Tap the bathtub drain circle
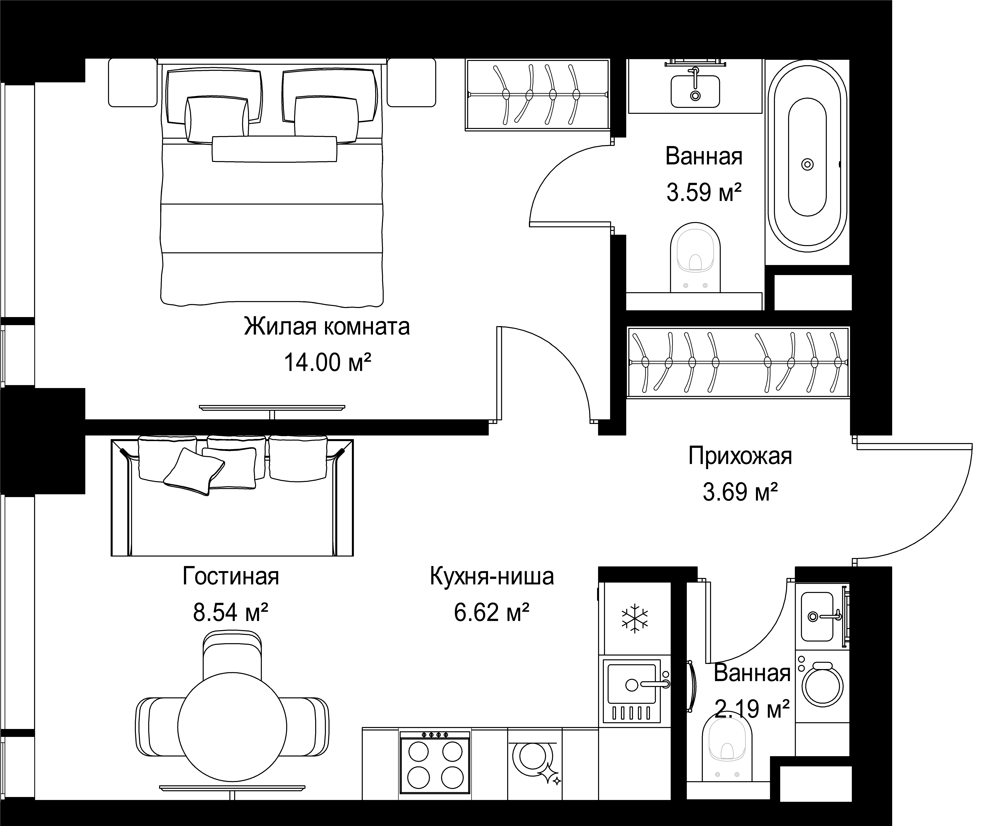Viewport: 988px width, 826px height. [807, 164]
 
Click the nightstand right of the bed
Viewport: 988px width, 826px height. [411, 83]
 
